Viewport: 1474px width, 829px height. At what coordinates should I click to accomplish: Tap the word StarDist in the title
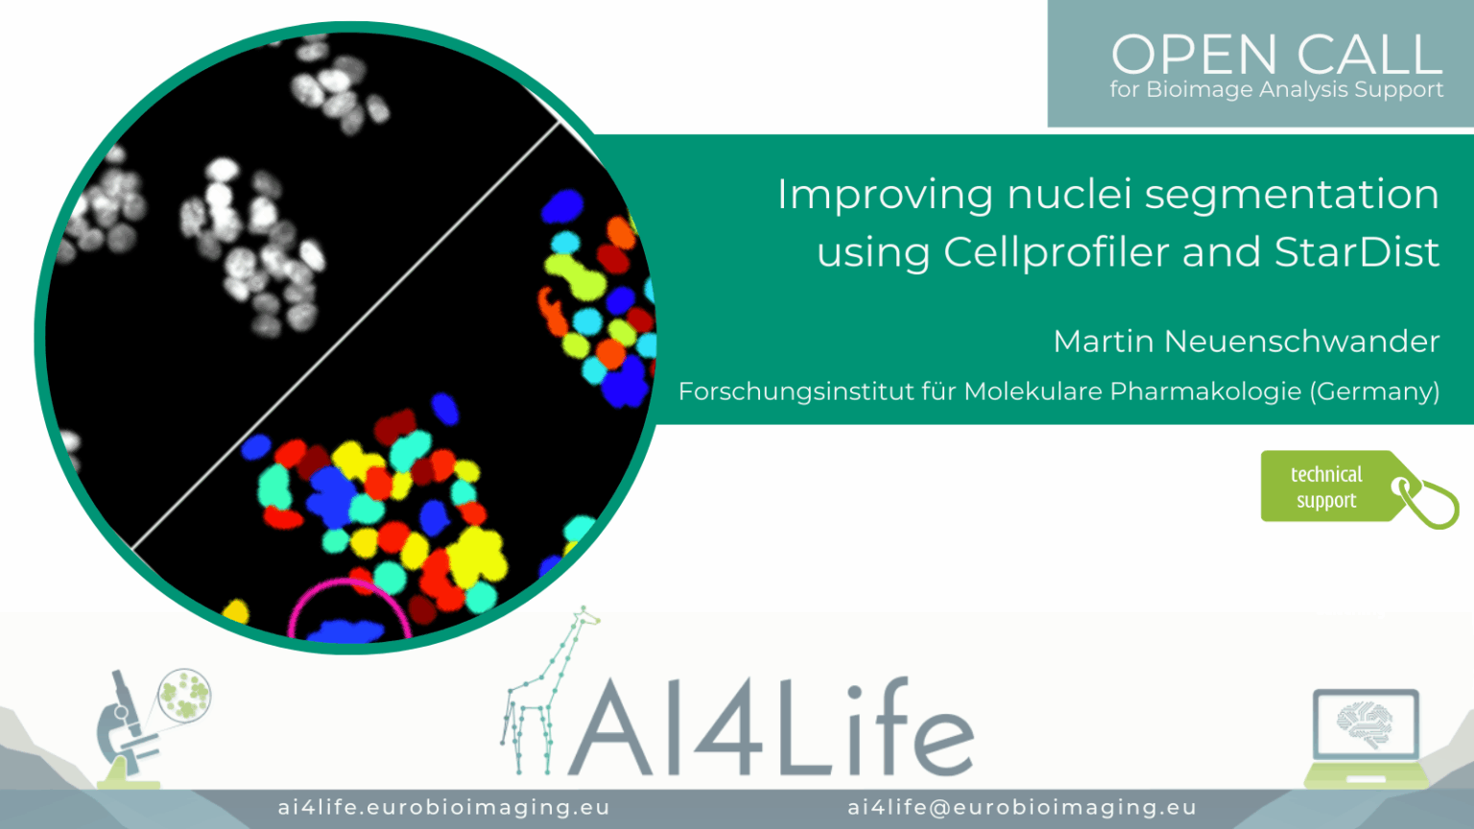tap(1356, 252)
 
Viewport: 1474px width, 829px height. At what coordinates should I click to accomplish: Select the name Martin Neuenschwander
tap(1247, 342)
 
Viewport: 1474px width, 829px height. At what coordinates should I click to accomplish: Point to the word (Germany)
tap(1374, 392)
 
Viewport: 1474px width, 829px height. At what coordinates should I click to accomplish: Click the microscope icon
tap(129, 730)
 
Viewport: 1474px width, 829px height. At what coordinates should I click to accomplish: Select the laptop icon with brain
tap(1367, 738)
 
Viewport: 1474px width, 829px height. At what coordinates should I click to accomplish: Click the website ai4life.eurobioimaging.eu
tap(444, 807)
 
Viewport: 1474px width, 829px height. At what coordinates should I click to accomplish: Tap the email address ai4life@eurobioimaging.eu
tap(1022, 807)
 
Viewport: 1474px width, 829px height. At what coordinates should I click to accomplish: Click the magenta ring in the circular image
tap(348, 583)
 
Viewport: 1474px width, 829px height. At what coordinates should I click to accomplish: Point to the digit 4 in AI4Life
tap(728, 727)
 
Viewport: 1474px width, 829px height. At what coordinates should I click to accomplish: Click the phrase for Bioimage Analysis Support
tap(1276, 89)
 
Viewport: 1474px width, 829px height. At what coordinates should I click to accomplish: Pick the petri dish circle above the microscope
tap(185, 695)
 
